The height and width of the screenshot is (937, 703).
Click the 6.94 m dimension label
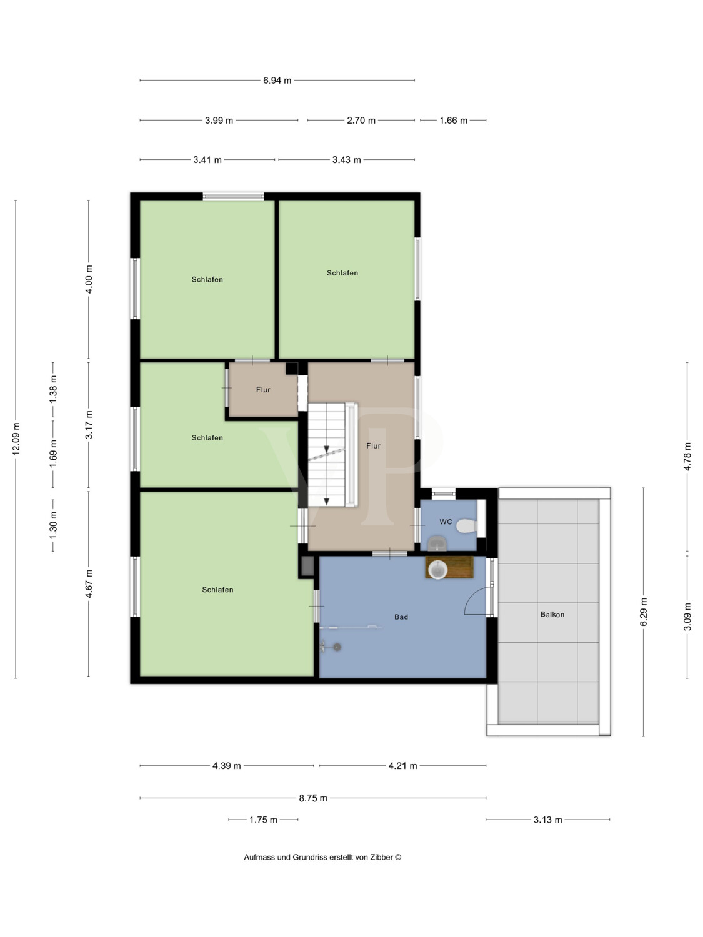(x=277, y=80)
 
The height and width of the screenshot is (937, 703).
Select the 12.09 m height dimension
(x=16, y=439)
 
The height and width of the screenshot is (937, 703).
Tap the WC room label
(x=446, y=522)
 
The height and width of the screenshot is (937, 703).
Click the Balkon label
(x=552, y=614)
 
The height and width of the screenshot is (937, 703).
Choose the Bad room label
(x=401, y=617)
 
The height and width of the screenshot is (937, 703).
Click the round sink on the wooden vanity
(x=437, y=570)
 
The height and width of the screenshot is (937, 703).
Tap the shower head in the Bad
(x=337, y=647)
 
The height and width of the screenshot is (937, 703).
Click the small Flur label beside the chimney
(x=263, y=389)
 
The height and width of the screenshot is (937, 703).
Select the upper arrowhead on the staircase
(x=327, y=449)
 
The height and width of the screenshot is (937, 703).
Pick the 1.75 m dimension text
(x=263, y=820)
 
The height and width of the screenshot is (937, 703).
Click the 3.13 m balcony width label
(x=548, y=820)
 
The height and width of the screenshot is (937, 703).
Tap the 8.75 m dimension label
(x=313, y=798)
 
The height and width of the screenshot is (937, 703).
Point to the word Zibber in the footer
(x=382, y=857)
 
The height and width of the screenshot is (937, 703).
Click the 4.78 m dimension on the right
(x=687, y=457)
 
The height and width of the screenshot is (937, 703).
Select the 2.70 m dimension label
(x=361, y=121)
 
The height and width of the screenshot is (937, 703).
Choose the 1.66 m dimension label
(x=454, y=121)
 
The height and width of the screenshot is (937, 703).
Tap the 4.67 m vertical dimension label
(x=89, y=583)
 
